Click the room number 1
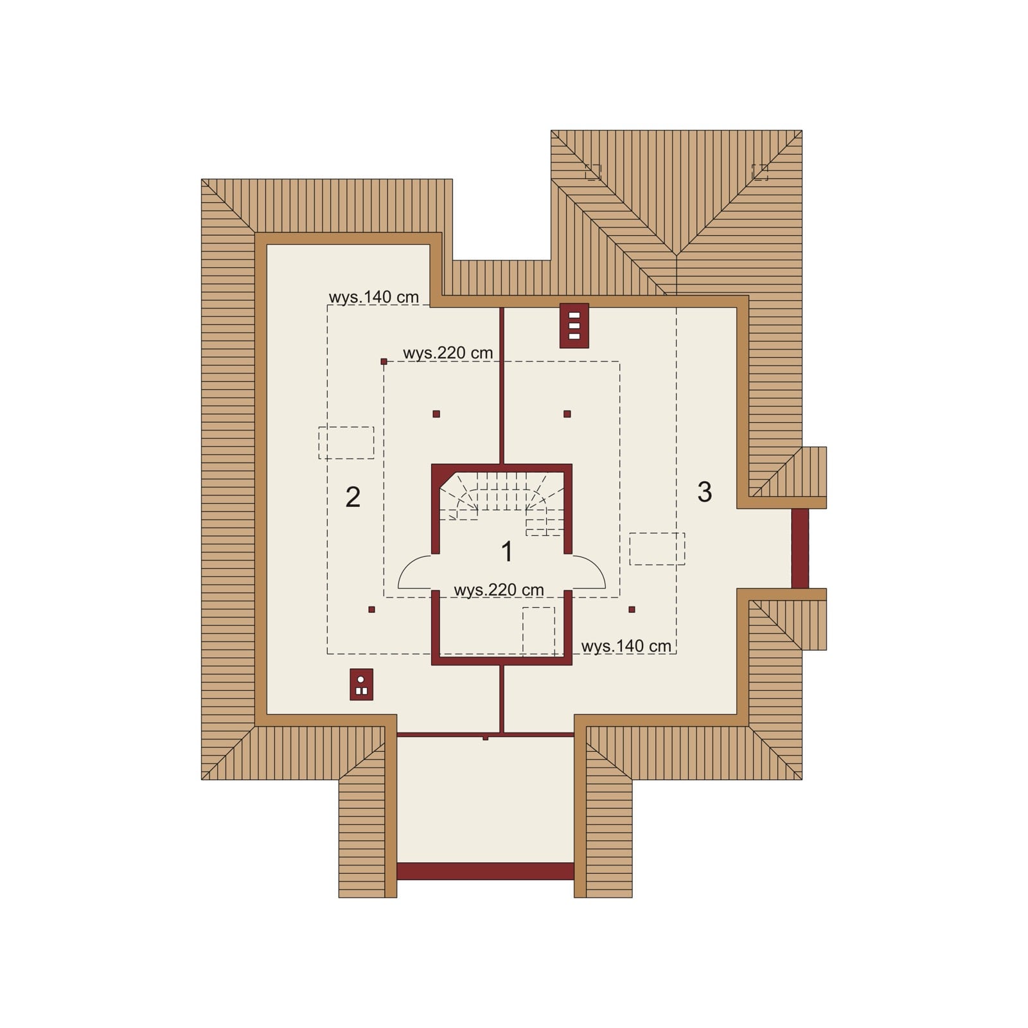click(507, 552)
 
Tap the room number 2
click(353, 497)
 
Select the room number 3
click(704, 492)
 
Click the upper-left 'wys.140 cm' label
click(373, 297)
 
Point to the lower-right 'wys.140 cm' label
click(626, 646)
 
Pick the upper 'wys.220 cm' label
click(448, 353)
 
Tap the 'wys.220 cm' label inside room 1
click(499, 589)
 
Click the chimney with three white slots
click(574, 325)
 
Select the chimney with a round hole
click(361, 684)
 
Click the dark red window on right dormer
click(800, 548)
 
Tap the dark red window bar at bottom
click(485, 871)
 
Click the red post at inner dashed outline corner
click(384, 362)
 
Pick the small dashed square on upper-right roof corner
click(759, 172)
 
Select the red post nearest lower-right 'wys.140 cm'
click(632, 609)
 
